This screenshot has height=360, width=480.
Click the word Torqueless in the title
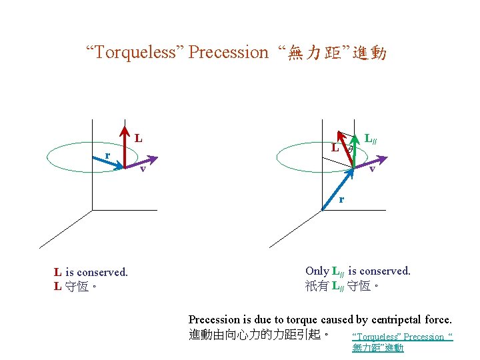click(x=135, y=53)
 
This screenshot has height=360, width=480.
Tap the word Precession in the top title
click(x=228, y=53)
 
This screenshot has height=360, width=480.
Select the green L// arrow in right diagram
click(x=355, y=150)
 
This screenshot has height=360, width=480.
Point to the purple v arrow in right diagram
click(x=371, y=162)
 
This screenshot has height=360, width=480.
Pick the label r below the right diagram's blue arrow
click(x=341, y=199)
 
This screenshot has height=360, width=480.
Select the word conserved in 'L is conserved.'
click(x=102, y=272)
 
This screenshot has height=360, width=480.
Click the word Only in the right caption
click(x=317, y=271)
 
